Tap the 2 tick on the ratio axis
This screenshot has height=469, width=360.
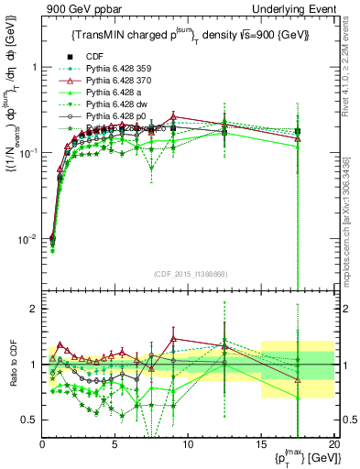33,309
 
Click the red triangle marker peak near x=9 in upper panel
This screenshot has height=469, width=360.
173,117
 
